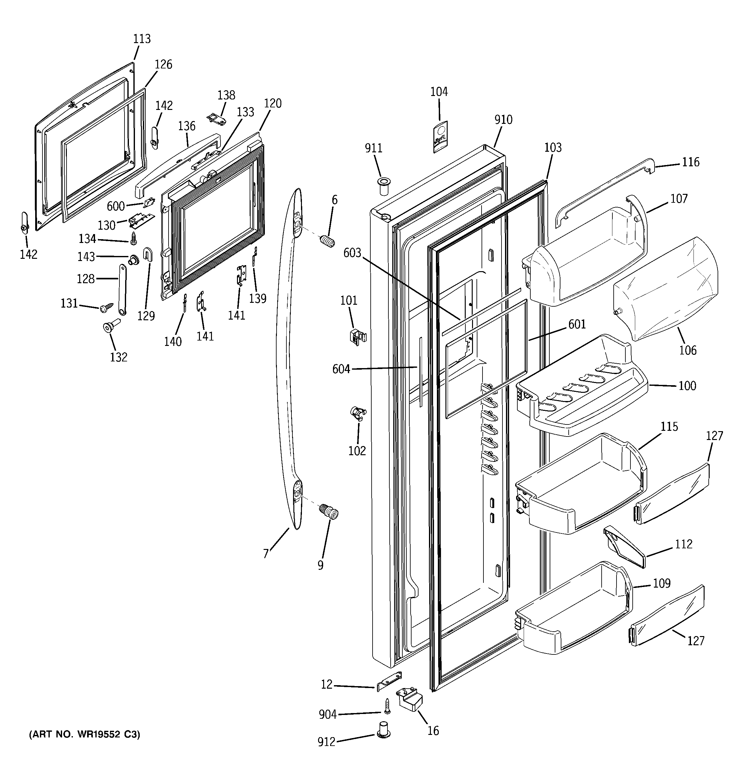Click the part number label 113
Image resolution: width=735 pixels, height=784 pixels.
(x=142, y=39)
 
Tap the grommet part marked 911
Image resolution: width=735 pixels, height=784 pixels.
(x=382, y=186)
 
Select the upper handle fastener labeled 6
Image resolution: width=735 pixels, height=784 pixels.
(x=327, y=240)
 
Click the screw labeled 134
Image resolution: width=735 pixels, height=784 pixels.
(x=133, y=237)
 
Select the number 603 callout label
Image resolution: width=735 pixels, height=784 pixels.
(x=352, y=253)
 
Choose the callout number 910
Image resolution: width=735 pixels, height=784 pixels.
(x=503, y=119)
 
